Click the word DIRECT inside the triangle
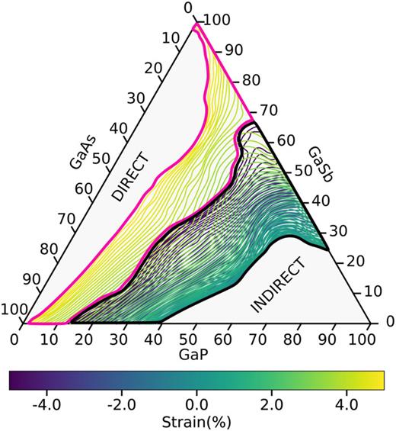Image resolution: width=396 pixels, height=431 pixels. (x=131, y=177)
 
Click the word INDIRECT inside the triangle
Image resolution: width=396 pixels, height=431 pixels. (x=278, y=285)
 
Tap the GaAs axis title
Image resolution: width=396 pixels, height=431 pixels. (x=82, y=152)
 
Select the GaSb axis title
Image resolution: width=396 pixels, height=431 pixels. (x=321, y=164)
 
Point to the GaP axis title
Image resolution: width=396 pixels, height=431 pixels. (x=193, y=355)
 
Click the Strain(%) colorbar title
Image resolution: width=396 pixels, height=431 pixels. (x=196, y=422)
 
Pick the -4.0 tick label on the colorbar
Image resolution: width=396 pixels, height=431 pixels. (x=46, y=405)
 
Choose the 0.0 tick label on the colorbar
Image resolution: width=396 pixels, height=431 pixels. (x=196, y=405)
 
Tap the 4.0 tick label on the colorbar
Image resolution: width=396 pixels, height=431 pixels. (x=346, y=405)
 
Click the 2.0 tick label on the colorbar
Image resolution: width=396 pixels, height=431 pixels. (x=272, y=405)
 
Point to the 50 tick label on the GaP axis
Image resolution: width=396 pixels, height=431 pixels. (x=188, y=340)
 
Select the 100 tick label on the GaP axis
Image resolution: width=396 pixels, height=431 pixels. (x=362, y=340)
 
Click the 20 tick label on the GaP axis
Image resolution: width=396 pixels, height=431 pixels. (x=84, y=340)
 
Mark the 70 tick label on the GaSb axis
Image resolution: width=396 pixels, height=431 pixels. (x=269, y=111)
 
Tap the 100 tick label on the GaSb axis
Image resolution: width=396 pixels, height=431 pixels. (x=217, y=20)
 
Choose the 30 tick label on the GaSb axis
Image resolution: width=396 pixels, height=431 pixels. (x=338, y=231)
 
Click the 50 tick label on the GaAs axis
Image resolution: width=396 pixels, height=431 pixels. (x=101, y=159)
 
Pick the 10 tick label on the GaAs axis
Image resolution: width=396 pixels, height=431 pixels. (x=171, y=38)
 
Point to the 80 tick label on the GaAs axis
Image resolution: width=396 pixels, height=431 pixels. (x=49, y=249)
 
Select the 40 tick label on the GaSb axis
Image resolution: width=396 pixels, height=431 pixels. (x=321, y=201)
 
